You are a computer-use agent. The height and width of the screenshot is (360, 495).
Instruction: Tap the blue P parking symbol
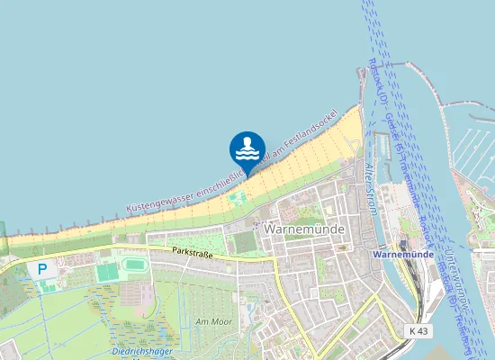pos(40,269)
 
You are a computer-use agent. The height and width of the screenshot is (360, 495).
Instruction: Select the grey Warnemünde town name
pos(299,229)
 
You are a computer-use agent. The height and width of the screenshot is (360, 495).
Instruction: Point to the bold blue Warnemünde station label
pos(402,256)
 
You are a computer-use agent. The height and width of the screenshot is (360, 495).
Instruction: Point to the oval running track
pos(135,265)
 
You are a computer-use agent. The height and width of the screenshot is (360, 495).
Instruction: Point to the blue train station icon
pos(403,244)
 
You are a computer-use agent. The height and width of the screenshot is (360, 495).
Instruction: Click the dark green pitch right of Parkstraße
pos(244,242)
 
